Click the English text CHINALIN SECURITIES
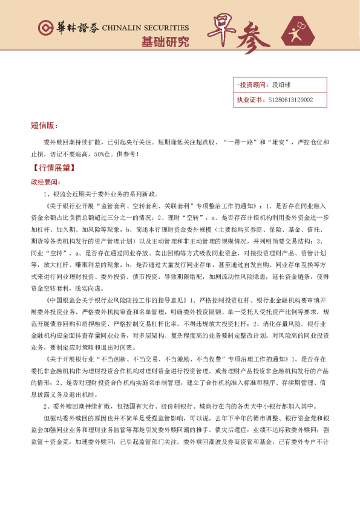(145, 28)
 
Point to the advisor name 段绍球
(282, 86)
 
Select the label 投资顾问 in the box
(252, 86)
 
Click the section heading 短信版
(44, 126)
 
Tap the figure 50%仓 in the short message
(103, 154)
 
